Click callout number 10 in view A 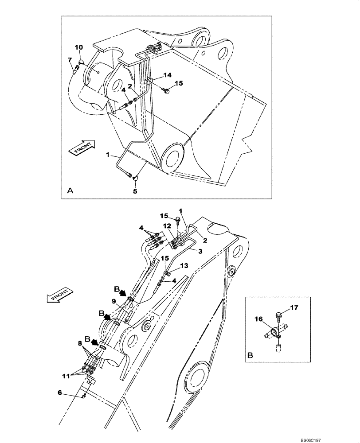(78, 47)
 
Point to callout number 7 (70, 60)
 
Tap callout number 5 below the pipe (136, 192)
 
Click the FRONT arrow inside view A (80, 148)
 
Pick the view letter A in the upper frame (70, 190)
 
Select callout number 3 (200, 251)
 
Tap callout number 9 (114, 302)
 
